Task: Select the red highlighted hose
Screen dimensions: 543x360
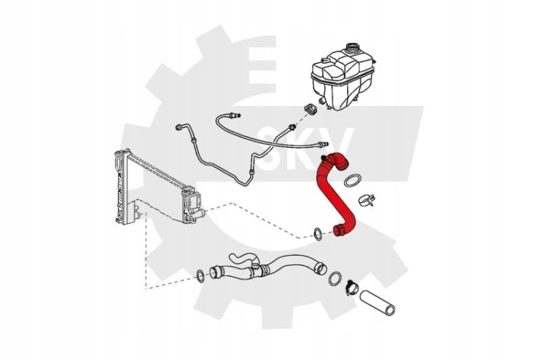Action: tap(335, 194)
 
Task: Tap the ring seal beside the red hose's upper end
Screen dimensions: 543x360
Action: tap(352, 180)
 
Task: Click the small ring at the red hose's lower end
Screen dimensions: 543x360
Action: tap(318, 234)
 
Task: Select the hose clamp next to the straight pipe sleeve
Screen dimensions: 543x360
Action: tap(353, 287)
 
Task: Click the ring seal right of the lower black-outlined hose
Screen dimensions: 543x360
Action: tap(335, 279)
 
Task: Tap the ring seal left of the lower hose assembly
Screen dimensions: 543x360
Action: tap(201, 275)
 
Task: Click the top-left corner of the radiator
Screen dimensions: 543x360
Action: tap(114, 153)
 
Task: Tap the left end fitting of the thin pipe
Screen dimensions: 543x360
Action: tap(180, 127)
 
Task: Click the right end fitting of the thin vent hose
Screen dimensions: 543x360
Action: tap(323, 143)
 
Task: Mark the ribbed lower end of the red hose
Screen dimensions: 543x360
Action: tap(340, 230)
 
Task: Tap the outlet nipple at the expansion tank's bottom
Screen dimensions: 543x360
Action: tap(321, 101)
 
